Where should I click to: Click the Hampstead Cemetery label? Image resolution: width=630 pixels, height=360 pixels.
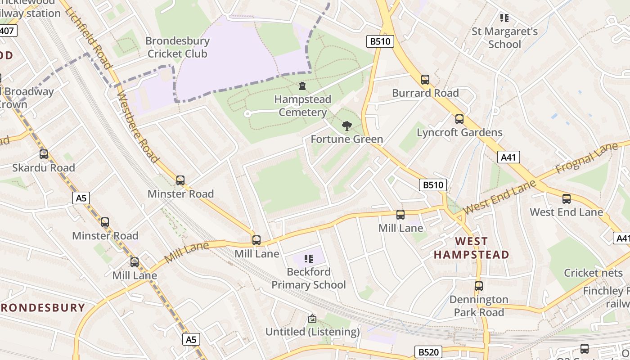[302, 106]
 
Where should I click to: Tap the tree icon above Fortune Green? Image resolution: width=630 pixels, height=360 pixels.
[346, 126]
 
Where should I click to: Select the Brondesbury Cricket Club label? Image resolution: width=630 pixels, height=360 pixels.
[177, 47]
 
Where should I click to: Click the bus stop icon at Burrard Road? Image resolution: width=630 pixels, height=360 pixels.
[425, 80]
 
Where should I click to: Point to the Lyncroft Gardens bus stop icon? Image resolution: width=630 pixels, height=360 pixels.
[459, 119]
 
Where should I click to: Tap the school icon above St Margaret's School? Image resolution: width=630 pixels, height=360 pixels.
[504, 18]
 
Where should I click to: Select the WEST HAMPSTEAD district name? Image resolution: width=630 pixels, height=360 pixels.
[471, 248]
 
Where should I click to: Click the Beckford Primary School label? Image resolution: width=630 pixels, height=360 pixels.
[309, 278]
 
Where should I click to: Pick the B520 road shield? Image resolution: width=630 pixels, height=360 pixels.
[428, 351]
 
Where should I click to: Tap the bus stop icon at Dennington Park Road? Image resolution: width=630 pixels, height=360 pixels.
[478, 286]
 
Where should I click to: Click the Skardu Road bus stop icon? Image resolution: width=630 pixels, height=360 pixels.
[44, 154]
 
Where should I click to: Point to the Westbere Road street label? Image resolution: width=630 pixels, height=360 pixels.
[137, 126]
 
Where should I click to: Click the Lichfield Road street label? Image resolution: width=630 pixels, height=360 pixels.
[88, 34]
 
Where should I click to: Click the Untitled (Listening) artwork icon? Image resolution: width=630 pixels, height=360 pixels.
[312, 319]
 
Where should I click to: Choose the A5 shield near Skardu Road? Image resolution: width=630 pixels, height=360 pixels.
[81, 198]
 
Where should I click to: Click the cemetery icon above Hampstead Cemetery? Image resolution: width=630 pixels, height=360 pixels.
[302, 85]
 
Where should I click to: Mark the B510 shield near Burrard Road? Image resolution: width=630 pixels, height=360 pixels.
[380, 42]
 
